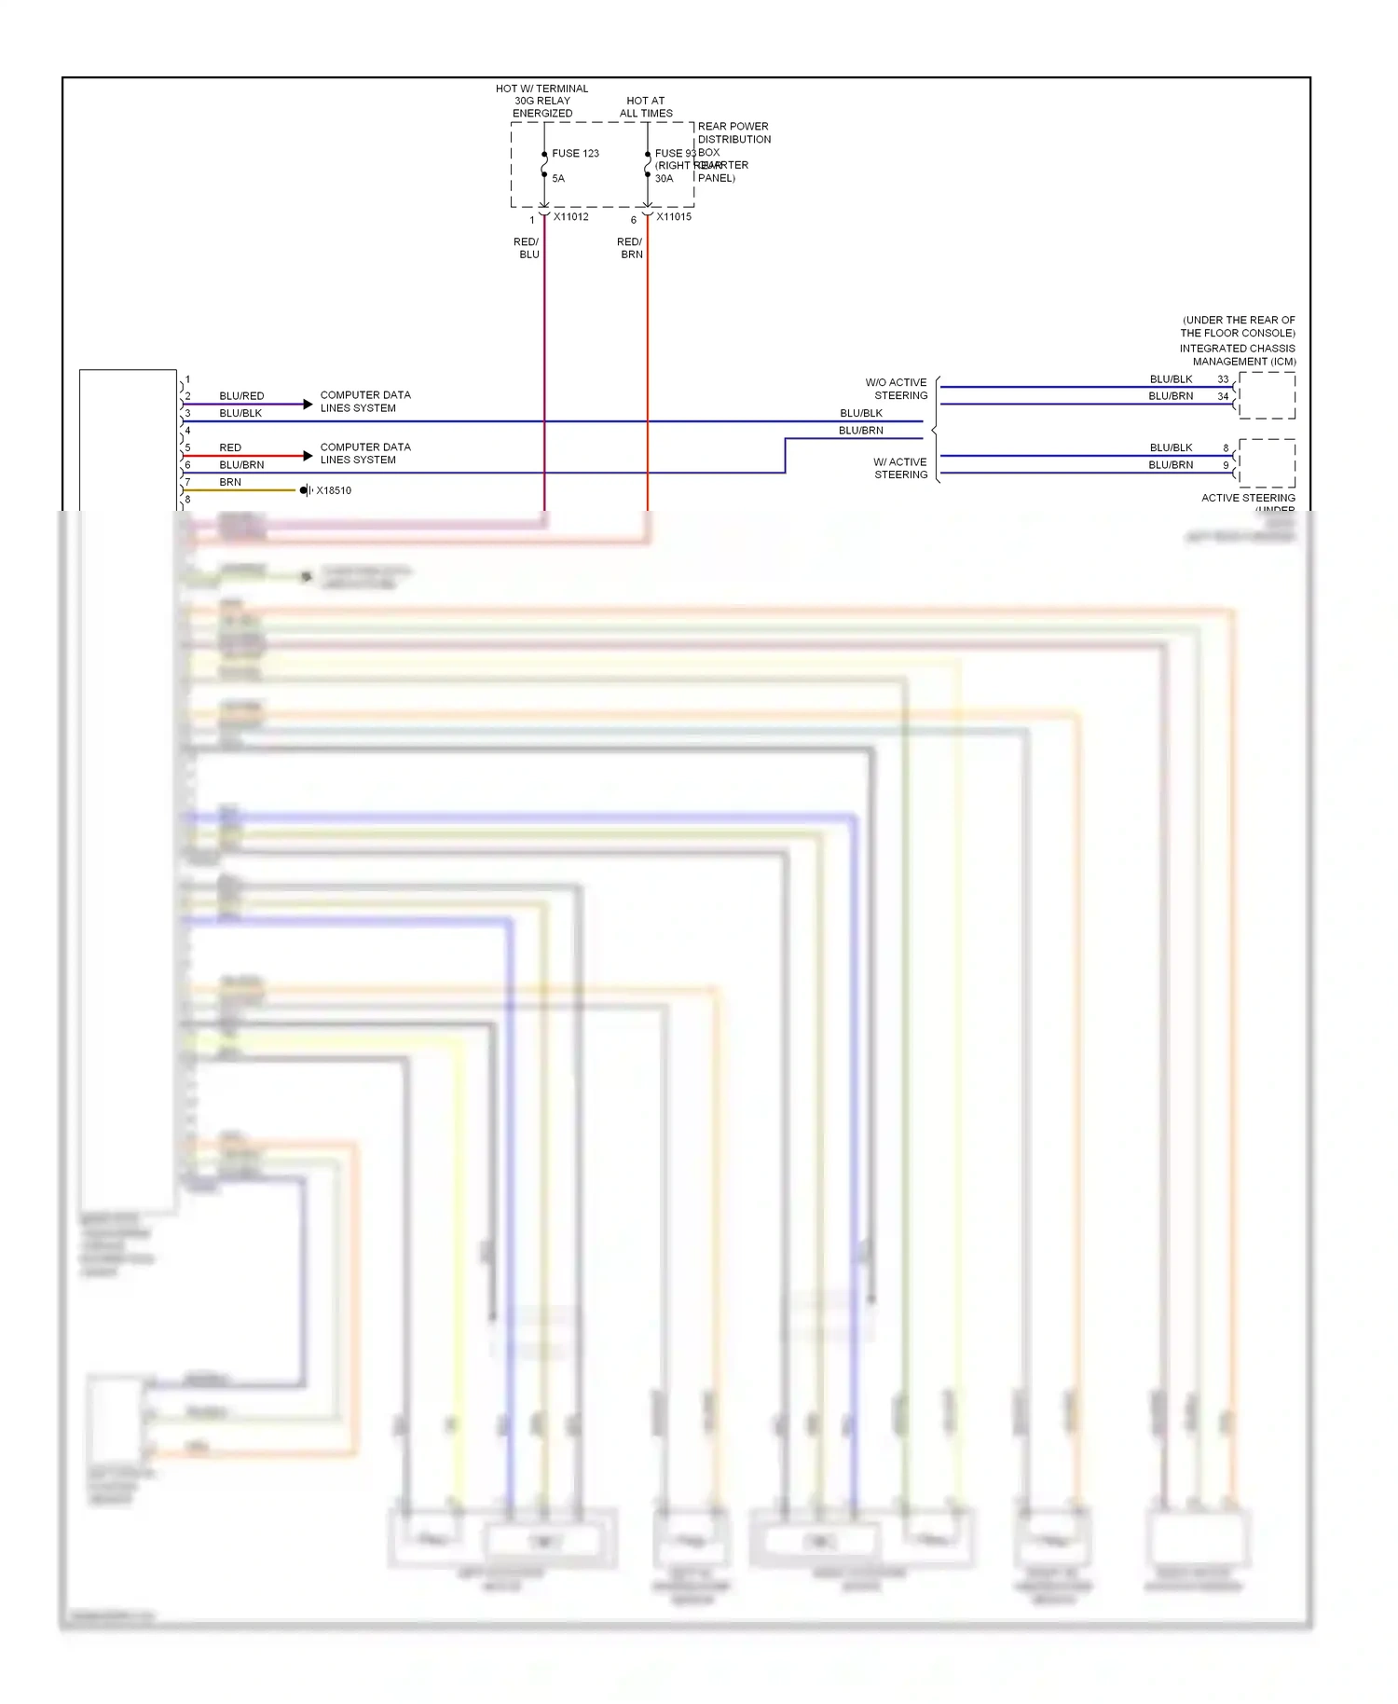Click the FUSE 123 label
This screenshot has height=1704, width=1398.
tap(575, 153)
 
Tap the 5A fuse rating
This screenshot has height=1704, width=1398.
tap(558, 178)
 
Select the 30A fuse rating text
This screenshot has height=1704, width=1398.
tap(664, 178)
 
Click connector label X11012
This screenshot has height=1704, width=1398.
tap(570, 217)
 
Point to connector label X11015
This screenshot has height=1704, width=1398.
tap(674, 217)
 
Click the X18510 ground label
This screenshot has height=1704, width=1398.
tap(334, 490)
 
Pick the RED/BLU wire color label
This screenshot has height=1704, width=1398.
tap(527, 248)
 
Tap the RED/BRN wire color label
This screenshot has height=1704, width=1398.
tap(630, 248)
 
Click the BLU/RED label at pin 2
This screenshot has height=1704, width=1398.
tap(241, 396)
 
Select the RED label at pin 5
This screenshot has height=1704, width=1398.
tap(230, 447)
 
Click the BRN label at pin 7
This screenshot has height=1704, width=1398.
tap(230, 482)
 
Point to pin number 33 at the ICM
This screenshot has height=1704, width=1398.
tap(1223, 379)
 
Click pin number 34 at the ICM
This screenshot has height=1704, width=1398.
tap(1223, 396)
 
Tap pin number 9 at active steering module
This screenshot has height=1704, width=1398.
tap(1226, 465)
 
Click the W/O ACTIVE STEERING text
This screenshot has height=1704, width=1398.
tap(896, 389)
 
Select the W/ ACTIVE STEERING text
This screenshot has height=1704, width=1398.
tap(900, 468)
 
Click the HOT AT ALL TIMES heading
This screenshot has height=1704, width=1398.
tap(646, 107)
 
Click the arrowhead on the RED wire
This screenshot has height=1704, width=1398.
tap(308, 456)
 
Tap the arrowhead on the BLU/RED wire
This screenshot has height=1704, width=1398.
tap(308, 404)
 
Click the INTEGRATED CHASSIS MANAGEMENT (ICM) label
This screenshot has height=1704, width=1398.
tap(1238, 355)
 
